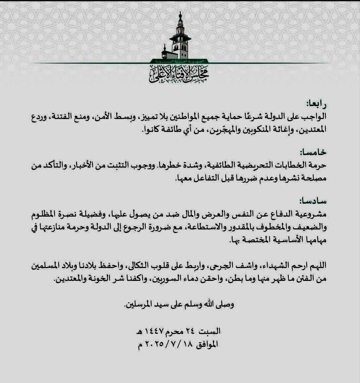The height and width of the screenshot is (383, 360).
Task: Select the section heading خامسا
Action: tap(313, 152)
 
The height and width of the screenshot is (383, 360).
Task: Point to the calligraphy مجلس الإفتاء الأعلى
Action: tap(179, 74)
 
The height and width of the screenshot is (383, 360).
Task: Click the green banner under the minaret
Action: tap(179, 61)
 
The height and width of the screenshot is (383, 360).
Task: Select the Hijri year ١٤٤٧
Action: tap(156, 331)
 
